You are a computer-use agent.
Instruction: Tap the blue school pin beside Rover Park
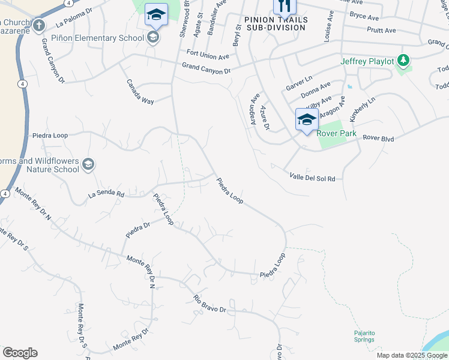point(307,119)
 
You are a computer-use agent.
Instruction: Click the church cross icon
point(39,25)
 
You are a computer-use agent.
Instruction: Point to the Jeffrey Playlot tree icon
point(404,61)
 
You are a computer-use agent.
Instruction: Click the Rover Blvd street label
point(378,139)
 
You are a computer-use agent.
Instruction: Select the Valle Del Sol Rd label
point(312,178)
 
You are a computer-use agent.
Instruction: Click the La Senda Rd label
point(106,194)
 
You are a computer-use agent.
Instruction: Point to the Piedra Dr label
point(137,229)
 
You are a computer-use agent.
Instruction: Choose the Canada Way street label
point(139,91)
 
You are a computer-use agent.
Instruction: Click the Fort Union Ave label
point(208,57)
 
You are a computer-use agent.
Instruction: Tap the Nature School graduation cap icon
point(88,164)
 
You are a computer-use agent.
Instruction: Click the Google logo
point(20,353)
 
